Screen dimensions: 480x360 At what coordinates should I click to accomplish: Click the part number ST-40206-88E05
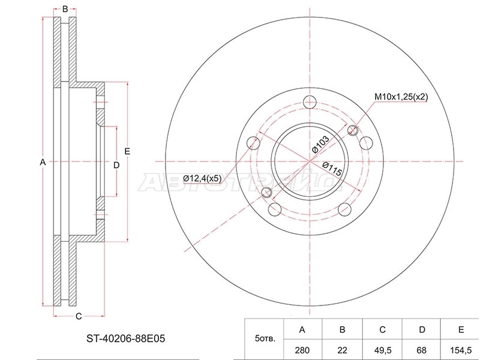pyautogui.click(x=125, y=338)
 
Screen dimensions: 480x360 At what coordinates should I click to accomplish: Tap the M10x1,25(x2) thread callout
pyautogui.click(x=401, y=97)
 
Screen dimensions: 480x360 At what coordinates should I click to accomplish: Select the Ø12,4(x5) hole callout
pyautogui.click(x=202, y=178)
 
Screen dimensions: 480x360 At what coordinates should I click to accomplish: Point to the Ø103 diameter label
pyautogui.click(x=320, y=144)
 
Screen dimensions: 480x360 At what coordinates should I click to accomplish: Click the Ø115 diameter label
pyautogui.click(x=332, y=169)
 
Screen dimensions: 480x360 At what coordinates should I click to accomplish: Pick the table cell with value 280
pyautogui.click(x=302, y=350)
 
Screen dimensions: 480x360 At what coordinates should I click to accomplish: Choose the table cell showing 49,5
pyautogui.click(x=382, y=350)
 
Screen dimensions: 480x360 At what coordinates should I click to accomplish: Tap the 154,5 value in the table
pyautogui.click(x=461, y=350)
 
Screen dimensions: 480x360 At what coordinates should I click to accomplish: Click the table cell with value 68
pyautogui.click(x=422, y=350)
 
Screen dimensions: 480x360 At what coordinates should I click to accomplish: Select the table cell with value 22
pyautogui.click(x=342, y=350)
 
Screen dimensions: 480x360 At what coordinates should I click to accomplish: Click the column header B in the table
pyautogui.click(x=342, y=329)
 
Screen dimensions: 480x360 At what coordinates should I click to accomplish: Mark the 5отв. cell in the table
pyautogui.click(x=265, y=339)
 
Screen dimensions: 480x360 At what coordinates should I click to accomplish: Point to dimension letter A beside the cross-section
pyautogui.click(x=43, y=162)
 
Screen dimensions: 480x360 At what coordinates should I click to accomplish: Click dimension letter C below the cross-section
pyautogui.click(x=79, y=317)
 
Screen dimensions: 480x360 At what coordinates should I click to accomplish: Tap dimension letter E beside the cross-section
pyautogui.click(x=127, y=151)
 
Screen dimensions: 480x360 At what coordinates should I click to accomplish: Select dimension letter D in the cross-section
pyautogui.click(x=116, y=166)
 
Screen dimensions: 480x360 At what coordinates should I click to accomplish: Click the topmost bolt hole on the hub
pyautogui.click(x=310, y=102)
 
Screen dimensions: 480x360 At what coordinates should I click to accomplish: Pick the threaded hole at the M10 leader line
pyautogui.click(x=353, y=130)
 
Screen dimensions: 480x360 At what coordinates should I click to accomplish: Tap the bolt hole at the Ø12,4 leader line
pyautogui.click(x=253, y=143)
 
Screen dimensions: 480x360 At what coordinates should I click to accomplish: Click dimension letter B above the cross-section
pyautogui.click(x=65, y=9)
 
